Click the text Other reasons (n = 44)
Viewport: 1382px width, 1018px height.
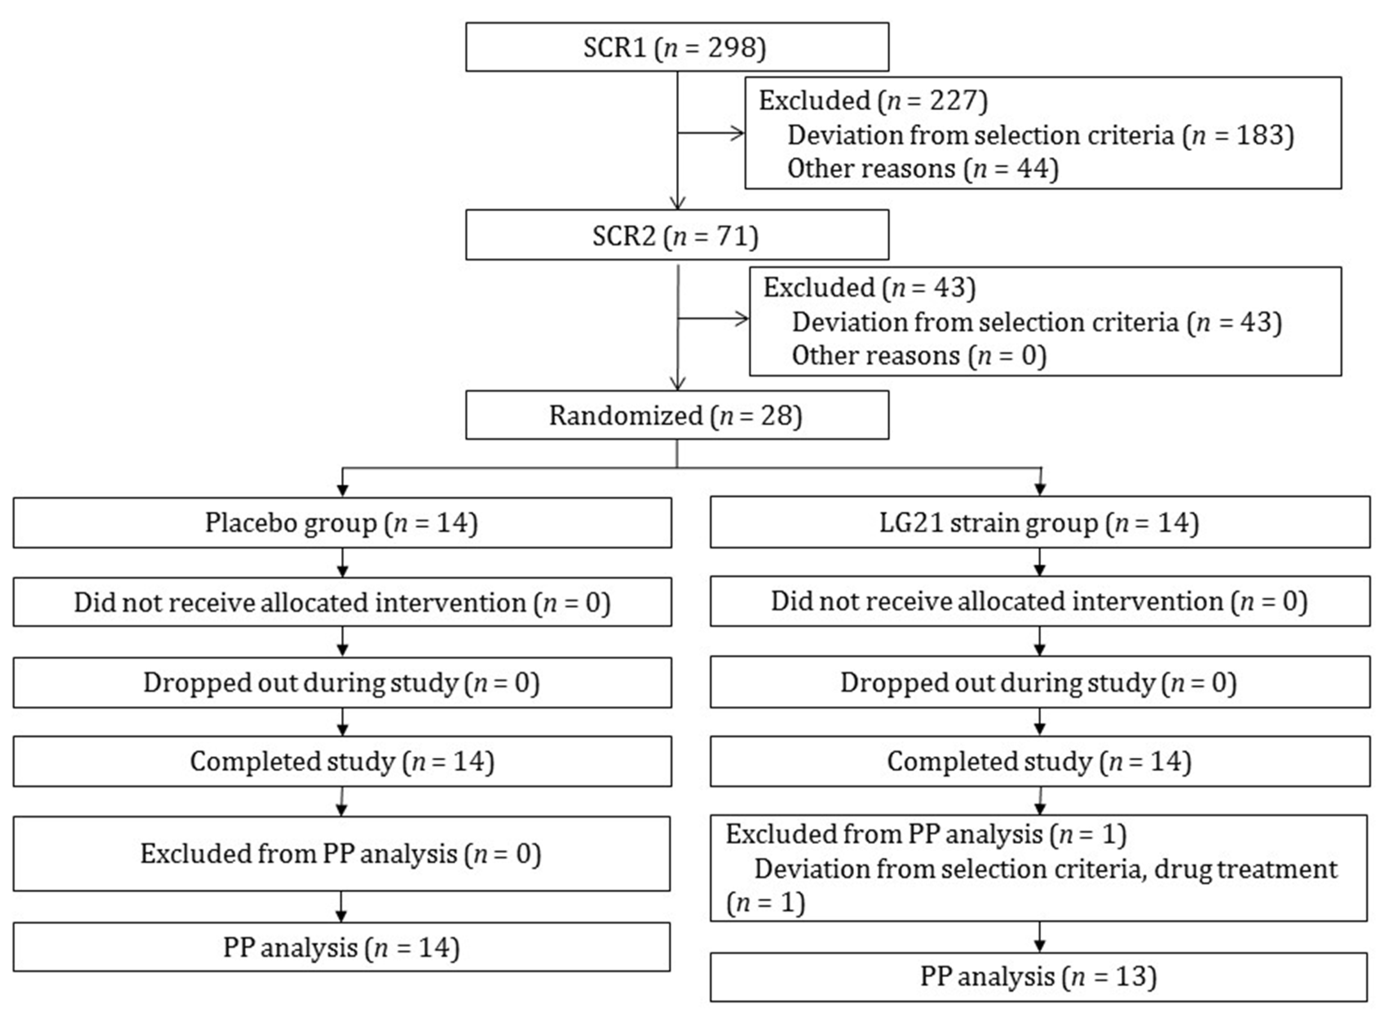923,168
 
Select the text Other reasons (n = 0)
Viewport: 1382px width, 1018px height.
918,356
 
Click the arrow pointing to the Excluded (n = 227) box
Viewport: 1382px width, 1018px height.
733,133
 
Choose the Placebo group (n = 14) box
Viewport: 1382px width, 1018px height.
342,523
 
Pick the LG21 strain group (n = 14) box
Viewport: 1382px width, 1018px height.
1040,523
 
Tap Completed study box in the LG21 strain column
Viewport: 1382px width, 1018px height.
1040,761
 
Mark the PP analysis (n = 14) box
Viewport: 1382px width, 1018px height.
341,947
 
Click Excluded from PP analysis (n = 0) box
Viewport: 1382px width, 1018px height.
341,853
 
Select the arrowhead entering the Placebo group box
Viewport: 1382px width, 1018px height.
342,490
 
